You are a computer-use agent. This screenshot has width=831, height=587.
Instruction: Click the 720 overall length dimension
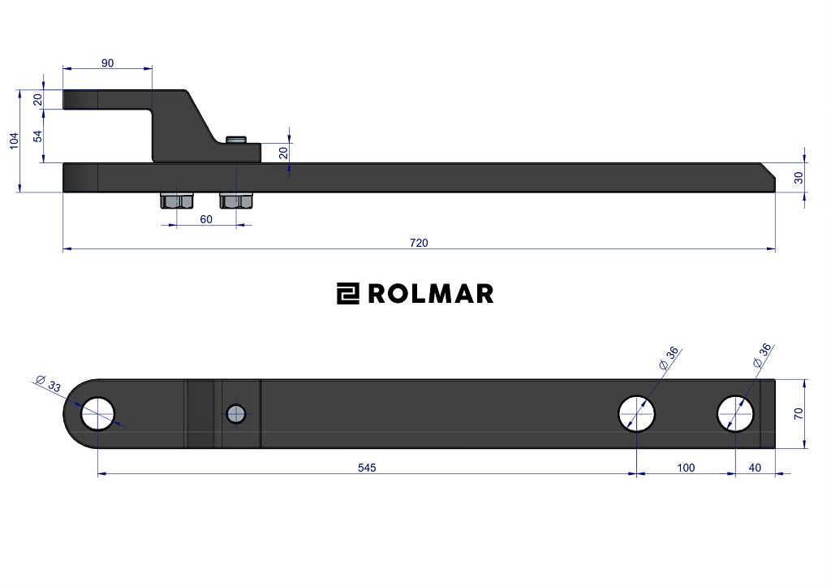point(419,243)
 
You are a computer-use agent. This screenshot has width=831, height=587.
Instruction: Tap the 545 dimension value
point(367,468)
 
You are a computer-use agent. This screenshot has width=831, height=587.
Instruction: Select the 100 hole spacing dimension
point(686,468)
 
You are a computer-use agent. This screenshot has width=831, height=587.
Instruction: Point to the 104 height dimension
point(15,140)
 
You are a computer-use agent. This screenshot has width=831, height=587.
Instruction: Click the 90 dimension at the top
point(107,63)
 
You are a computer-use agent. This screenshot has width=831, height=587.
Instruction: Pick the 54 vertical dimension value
point(37,136)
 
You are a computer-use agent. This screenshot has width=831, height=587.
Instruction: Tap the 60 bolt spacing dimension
point(206,219)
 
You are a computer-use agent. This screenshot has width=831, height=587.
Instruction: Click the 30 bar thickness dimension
point(799,178)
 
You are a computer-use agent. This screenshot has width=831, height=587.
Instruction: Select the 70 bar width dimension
point(799,413)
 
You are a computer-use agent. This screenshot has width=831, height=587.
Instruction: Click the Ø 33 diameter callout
point(48,383)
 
